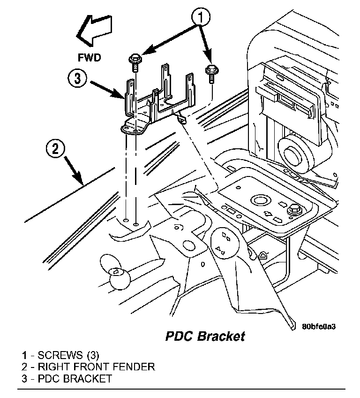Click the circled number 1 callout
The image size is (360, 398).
coord(201,17)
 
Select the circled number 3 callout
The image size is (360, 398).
coord(77,78)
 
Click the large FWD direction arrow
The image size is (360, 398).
coord(95,31)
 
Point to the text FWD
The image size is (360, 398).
coord(89,58)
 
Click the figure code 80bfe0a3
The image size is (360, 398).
coord(319,326)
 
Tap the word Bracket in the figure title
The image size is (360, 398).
coord(221,337)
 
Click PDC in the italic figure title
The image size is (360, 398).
coord(180,337)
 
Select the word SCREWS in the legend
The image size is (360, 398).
coord(60,355)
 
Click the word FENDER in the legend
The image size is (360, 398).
coord(134,367)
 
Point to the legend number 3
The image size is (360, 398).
coord(24,378)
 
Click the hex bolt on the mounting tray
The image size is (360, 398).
coord(294,210)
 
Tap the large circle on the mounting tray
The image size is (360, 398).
coord(259,200)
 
